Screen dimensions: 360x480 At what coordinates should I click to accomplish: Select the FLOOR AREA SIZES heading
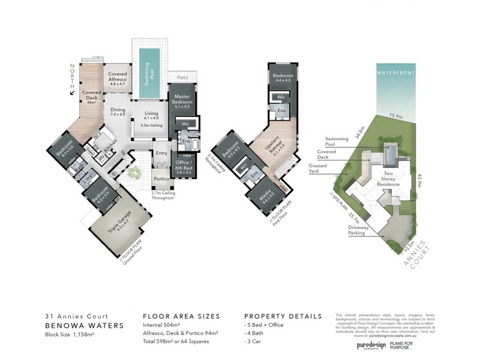coord(181,316)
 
